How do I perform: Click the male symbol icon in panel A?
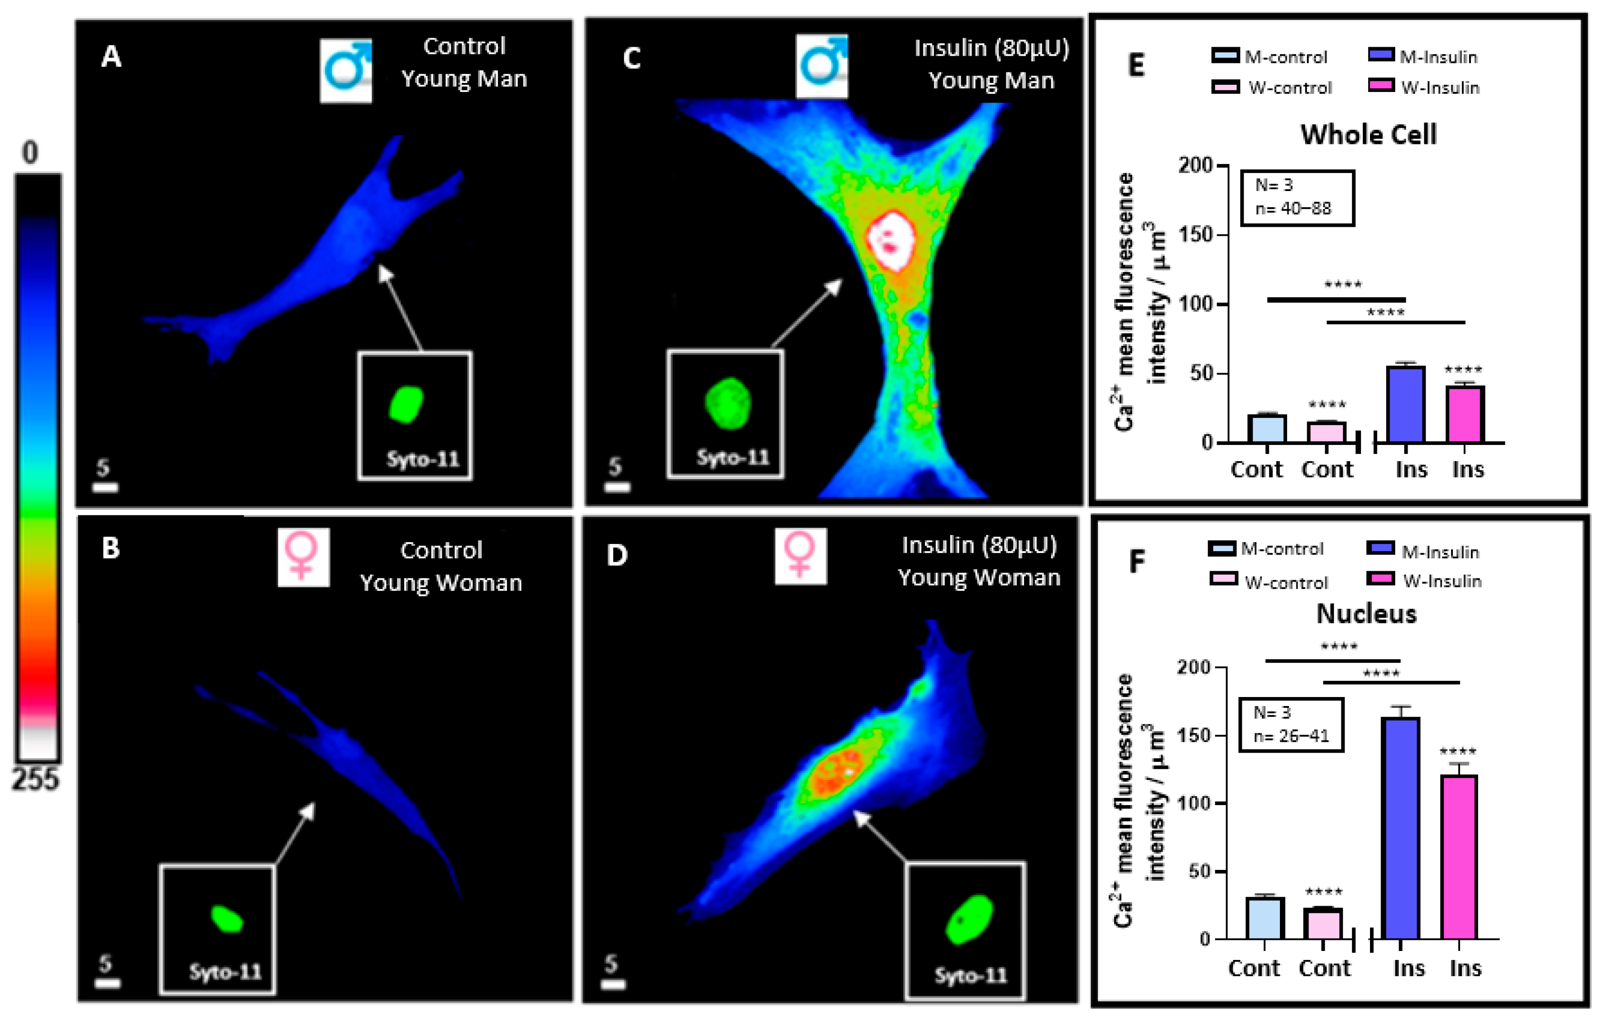click(x=345, y=71)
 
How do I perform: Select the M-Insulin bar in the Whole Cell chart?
click(x=1405, y=404)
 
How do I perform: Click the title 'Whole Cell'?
click(x=1368, y=134)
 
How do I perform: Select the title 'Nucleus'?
click(x=1366, y=614)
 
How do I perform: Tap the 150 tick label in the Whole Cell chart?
click(x=1196, y=235)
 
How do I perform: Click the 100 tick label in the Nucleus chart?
click(x=1194, y=803)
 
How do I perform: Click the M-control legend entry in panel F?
click(x=1266, y=549)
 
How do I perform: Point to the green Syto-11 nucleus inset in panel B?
click(x=226, y=919)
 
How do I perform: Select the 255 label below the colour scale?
click(x=35, y=779)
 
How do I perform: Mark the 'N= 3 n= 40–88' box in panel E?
click(x=1297, y=198)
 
